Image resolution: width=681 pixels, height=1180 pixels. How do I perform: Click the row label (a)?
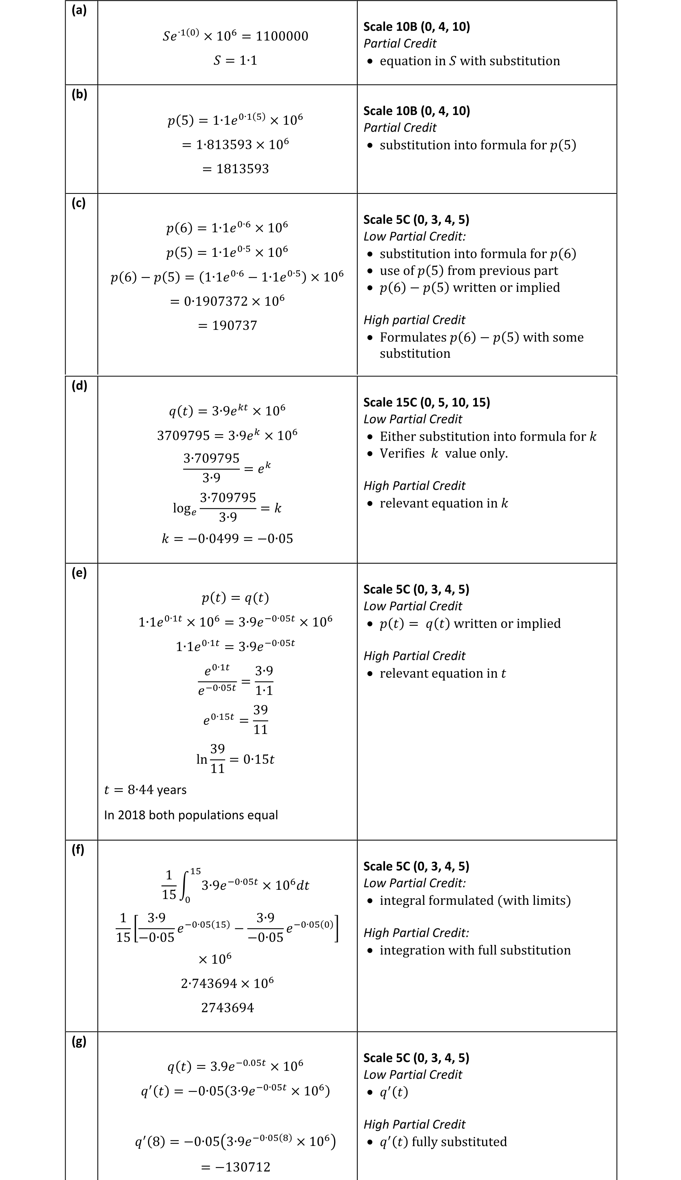click(79, 10)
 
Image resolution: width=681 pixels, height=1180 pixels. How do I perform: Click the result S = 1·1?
click(235, 60)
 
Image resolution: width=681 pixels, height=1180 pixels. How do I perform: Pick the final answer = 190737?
click(227, 325)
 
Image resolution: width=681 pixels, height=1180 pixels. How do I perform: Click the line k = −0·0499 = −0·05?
click(227, 538)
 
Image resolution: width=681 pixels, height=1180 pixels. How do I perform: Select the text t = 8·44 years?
click(145, 790)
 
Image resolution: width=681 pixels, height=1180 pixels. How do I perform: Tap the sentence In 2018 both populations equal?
click(191, 815)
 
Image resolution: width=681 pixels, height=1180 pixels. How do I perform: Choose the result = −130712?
click(235, 1167)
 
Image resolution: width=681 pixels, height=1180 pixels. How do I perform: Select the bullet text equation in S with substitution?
click(470, 61)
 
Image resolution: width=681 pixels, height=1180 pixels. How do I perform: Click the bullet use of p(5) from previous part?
click(469, 271)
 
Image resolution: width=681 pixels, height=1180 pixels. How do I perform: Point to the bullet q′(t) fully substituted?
click(443, 1142)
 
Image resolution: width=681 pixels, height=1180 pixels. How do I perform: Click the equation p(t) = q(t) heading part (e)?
click(235, 598)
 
